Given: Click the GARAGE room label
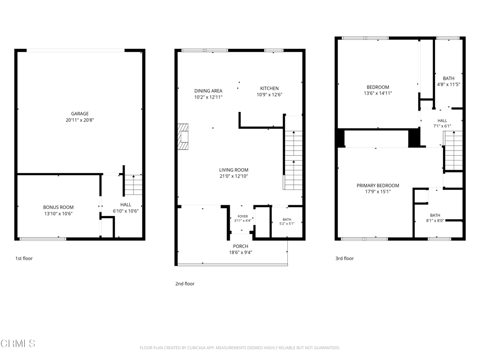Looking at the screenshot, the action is click(x=80, y=113).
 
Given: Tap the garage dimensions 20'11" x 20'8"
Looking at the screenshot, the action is click(x=80, y=120).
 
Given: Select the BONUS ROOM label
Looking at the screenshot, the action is click(x=58, y=207).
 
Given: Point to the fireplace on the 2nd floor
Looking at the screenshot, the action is click(x=183, y=136).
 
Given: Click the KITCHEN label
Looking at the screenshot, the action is click(x=270, y=89).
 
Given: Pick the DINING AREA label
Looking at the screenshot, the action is click(x=208, y=91).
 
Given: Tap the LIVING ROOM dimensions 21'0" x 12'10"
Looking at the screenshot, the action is click(x=233, y=176).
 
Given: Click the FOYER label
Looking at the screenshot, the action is click(x=243, y=217).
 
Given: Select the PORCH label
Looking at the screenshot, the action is click(x=240, y=246).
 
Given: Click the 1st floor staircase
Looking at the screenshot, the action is click(x=134, y=185).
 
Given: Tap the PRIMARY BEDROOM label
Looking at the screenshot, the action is click(x=378, y=186).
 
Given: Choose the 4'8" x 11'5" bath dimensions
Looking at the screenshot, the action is click(x=449, y=84).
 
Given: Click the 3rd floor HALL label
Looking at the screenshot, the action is click(x=442, y=120).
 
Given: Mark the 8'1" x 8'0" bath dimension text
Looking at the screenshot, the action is click(x=435, y=220).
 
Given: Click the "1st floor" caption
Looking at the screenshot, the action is click(x=24, y=258).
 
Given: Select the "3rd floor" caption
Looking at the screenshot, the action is click(x=345, y=258).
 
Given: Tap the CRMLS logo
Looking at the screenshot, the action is click(x=18, y=344).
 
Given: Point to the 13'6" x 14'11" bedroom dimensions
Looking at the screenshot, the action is click(x=378, y=93).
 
